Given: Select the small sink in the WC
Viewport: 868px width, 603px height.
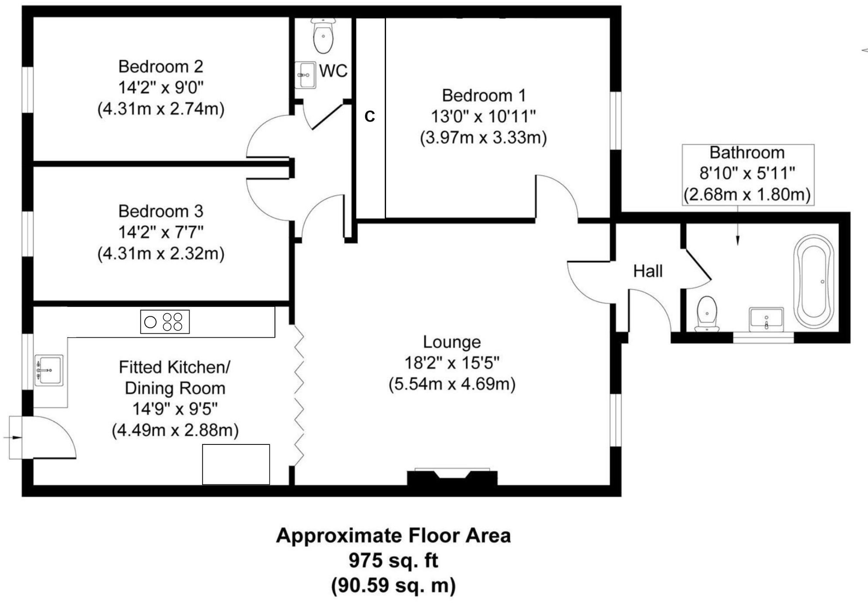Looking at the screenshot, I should coord(305,75).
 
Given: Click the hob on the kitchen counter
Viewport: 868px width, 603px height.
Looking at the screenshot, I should coord(165,322).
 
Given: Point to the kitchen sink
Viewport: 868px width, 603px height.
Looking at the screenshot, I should coord(49,370).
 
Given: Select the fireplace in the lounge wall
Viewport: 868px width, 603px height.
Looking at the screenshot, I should coord(452,477).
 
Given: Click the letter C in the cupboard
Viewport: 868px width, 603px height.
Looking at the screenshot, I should coord(370,117).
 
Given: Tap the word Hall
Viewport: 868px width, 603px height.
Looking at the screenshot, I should coord(648,271).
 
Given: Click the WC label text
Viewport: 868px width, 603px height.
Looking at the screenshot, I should coord(333,71).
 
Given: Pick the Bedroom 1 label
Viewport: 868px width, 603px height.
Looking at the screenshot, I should coord(484,95).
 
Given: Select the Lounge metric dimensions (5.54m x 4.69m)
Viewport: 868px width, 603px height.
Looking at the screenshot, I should coord(452,384).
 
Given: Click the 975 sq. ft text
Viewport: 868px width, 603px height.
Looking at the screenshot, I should coord(393,560).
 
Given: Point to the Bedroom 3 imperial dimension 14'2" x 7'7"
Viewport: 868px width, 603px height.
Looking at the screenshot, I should coord(161,232).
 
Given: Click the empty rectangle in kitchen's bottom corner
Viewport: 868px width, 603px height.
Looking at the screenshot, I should coord(236,464).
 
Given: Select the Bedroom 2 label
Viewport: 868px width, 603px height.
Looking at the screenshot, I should coord(161,67).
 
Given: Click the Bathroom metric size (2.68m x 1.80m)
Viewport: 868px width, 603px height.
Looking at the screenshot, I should coord(747,194).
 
